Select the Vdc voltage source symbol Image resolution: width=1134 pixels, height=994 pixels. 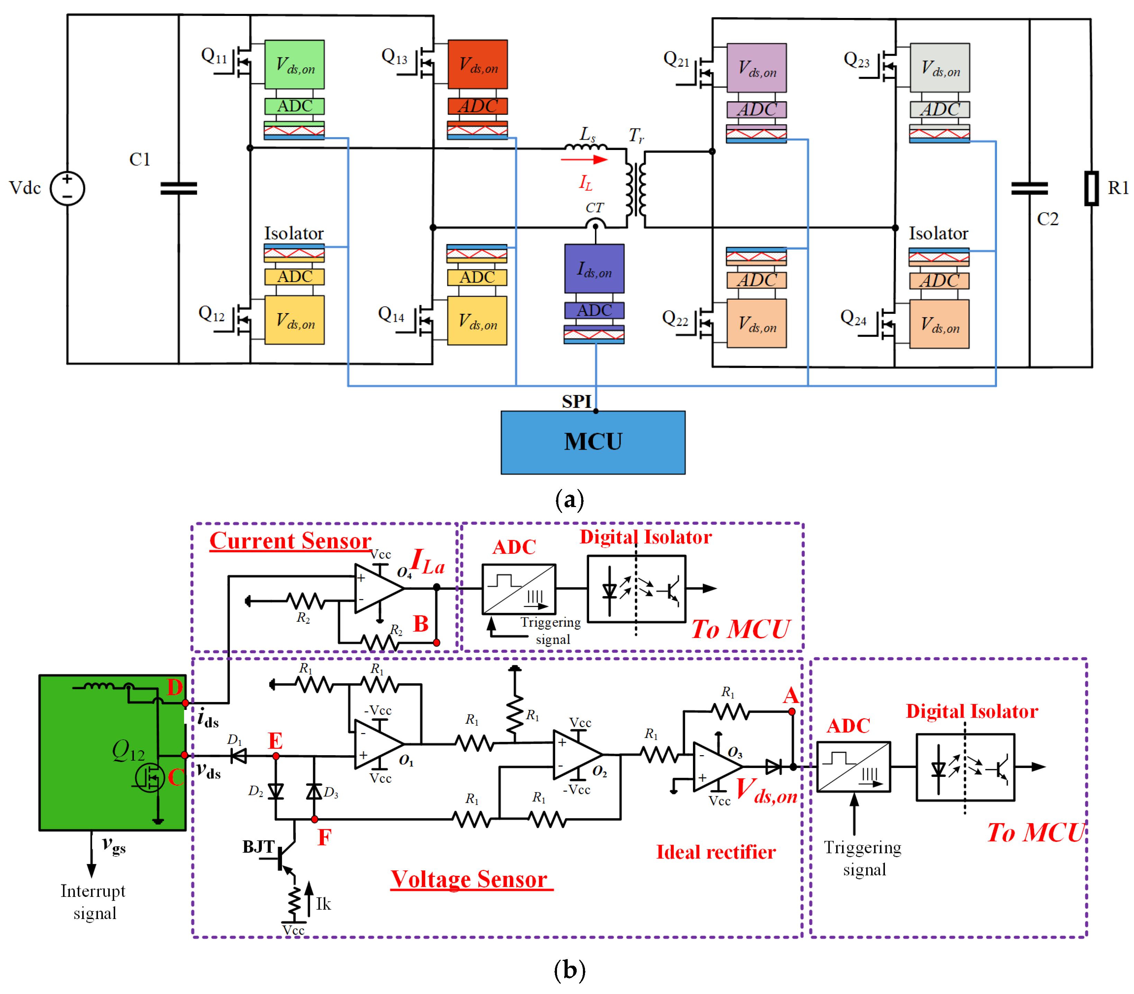click(67, 188)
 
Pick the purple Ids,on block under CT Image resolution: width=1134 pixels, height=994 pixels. click(594, 269)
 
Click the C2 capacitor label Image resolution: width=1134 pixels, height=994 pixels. click(1048, 219)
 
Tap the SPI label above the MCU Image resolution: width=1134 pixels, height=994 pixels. click(576, 401)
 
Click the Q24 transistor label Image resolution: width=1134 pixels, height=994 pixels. click(853, 318)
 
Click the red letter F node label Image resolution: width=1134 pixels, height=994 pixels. click(324, 837)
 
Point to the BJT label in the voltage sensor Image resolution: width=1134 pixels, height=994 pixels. click(258, 846)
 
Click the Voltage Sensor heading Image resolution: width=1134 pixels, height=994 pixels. click(469, 879)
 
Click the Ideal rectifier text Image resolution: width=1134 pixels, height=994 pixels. click(716, 852)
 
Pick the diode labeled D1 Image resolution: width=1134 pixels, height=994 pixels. click(239, 755)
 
